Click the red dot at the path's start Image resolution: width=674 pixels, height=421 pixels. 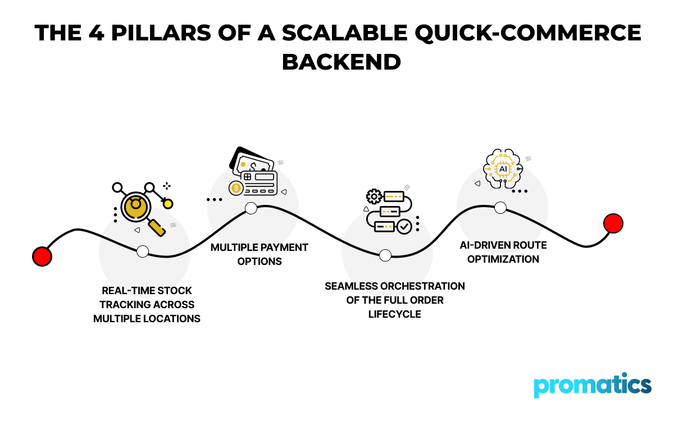(x=42, y=257)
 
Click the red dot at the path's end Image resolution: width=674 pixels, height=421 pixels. (x=613, y=223)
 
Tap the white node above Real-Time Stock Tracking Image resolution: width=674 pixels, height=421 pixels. (x=143, y=251)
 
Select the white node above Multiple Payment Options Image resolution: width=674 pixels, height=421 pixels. (x=251, y=208)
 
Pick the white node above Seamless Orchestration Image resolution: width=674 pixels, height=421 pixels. (x=385, y=255)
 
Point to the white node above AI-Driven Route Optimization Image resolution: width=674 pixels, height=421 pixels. (x=500, y=208)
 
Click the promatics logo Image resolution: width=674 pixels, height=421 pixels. (x=593, y=386)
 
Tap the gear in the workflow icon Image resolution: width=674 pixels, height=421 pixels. (x=374, y=196)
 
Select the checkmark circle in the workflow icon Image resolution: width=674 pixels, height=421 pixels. (x=404, y=227)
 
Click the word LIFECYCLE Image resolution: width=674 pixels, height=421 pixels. (x=394, y=314)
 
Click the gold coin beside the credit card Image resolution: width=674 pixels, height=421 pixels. (x=236, y=188)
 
